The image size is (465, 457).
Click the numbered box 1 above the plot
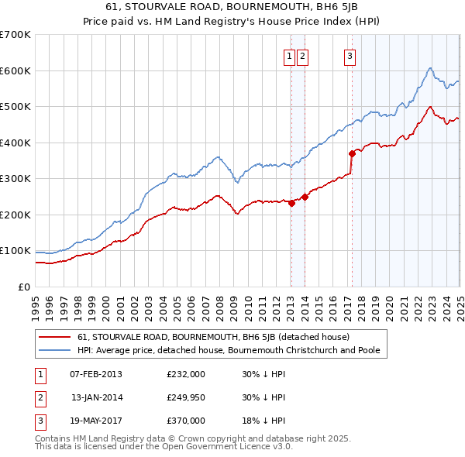[x=289, y=56]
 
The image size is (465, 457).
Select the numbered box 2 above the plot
[x=302, y=56]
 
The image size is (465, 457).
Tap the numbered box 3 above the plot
[x=350, y=56]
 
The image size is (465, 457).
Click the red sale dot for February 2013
[x=291, y=204]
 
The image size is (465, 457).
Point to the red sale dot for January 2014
[x=305, y=197]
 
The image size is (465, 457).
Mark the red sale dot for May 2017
[x=352, y=153]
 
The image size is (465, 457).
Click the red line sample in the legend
[x=53, y=337]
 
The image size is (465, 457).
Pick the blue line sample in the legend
[x=53, y=350]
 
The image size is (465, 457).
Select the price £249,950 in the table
[x=186, y=397]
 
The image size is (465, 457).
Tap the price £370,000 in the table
[x=186, y=421]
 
